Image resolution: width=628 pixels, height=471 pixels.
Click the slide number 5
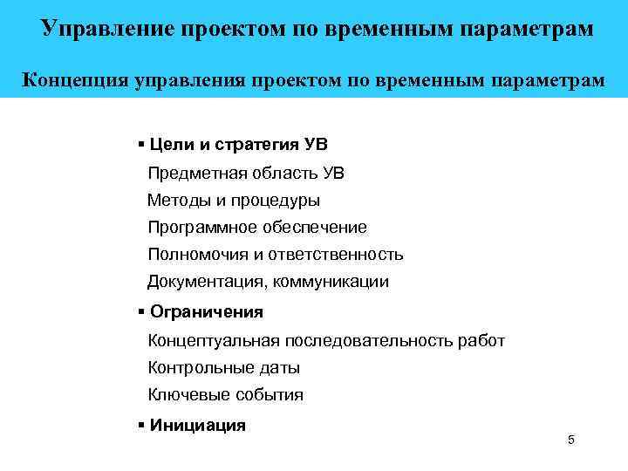click(570, 440)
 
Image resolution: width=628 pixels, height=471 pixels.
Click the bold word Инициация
click(198, 425)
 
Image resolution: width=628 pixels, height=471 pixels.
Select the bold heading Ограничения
click(207, 311)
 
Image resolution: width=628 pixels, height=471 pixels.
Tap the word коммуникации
click(334, 282)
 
